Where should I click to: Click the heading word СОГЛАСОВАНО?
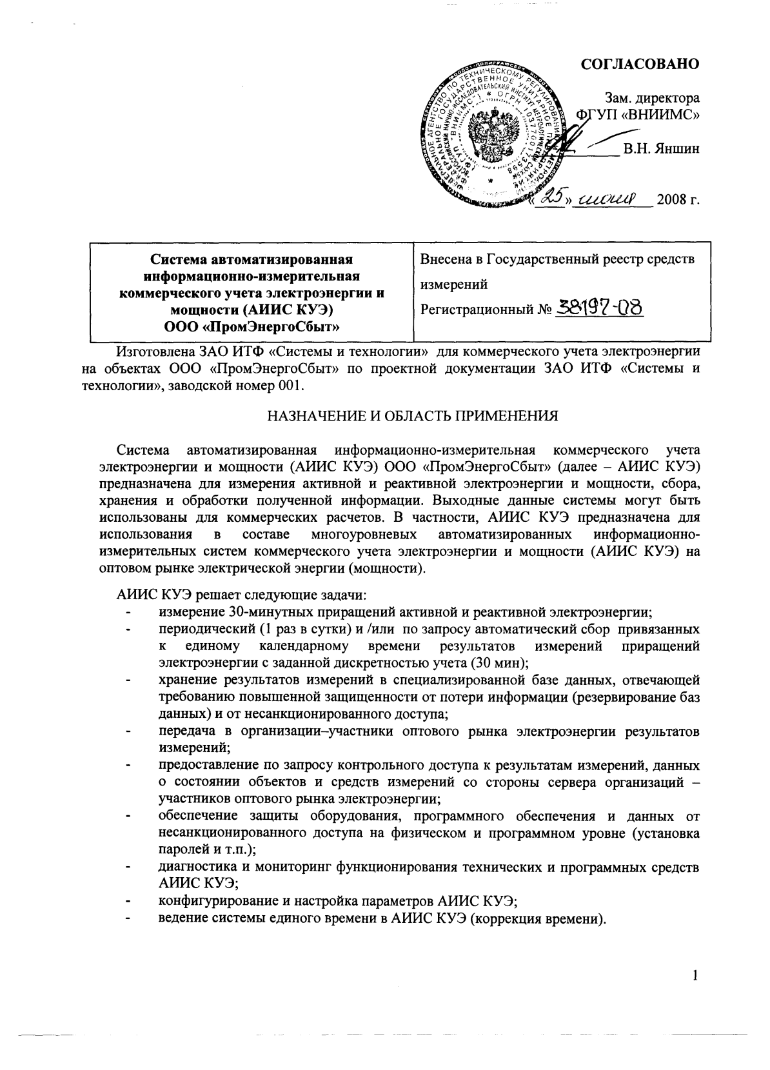(x=640, y=64)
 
